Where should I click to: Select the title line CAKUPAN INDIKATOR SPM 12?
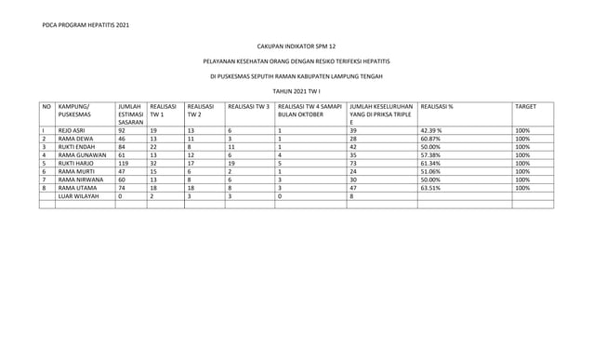pyautogui.click(x=296, y=44)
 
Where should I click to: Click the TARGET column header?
pyautogui.click(x=526, y=108)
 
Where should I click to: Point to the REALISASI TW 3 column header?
pyautogui.click(x=248, y=108)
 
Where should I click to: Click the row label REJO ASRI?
pyautogui.click(x=72, y=131)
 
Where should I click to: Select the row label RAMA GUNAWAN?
pyautogui.click(x=80, y=154)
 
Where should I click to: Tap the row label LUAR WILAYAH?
pyautogui.click(x=77, y=196)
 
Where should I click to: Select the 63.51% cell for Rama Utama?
pyautogui.click(x=430, y=188)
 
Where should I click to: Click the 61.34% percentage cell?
pyautogui.click(x=430, y=163)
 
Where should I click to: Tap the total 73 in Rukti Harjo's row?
pyautogui.click(x=353, y=163)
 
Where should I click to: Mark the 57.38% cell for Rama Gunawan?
pyautogui.click(x=430, y=154)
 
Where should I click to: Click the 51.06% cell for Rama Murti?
pyautogui.click(x=430, y=171)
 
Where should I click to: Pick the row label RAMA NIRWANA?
pyautogui.click(x=80, y=180)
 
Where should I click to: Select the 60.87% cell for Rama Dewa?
pyautogui.click(x=430, y=139)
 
